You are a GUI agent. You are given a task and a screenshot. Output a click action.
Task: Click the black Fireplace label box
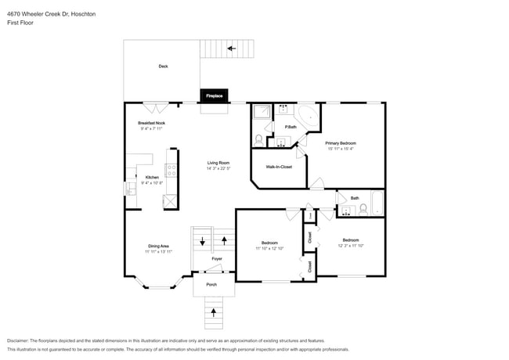pos(214,95)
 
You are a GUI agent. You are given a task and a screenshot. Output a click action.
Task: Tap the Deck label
pos(163,67)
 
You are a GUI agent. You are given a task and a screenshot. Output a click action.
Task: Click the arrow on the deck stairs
pos(230,49)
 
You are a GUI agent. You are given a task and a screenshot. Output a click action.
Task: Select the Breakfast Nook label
pos(151,123)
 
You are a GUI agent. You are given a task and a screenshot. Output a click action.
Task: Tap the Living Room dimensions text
pos(218,169)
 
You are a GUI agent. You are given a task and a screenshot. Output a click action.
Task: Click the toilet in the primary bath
pos(259,139)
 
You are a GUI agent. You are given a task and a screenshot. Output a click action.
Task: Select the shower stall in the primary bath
pos(260,112)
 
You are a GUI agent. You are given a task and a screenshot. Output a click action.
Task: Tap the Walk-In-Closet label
pos(279,167)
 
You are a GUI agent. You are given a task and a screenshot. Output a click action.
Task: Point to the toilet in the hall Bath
pos(363,208)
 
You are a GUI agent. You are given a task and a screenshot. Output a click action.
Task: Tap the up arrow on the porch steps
pos(215,314)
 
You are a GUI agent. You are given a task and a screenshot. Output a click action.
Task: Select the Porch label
pos(211,284)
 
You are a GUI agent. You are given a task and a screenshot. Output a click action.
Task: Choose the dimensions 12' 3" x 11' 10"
pos(349,246)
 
